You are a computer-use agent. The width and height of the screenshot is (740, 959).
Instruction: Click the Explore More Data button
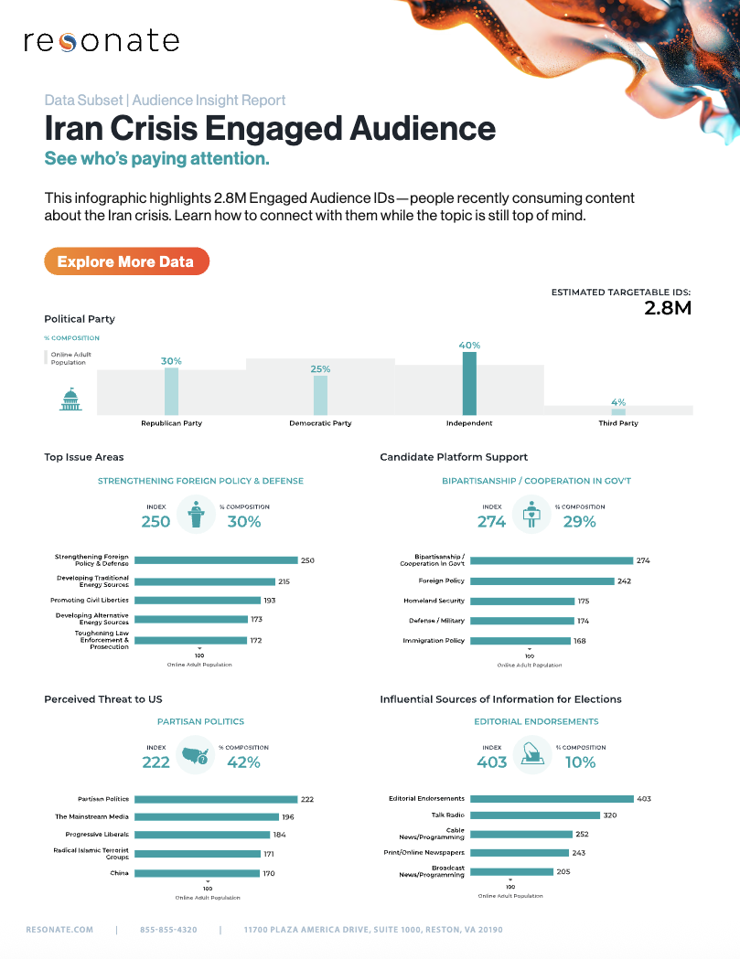pos(126,261)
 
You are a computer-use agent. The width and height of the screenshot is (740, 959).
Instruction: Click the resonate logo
pos(101,41)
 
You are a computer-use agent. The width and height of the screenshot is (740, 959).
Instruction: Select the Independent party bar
pos(469,384)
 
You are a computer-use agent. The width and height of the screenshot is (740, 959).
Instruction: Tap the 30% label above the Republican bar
pos(171,361)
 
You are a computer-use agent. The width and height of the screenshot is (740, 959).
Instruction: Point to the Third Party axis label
pos(618,423)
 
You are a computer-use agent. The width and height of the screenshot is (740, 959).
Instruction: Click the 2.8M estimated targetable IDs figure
pos(667,308)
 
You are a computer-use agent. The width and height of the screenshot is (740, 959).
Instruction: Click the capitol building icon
pos(70,399)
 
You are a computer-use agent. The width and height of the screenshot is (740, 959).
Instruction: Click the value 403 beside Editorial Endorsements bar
pos(644,799)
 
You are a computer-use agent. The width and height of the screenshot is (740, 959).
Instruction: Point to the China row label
pos(120,873)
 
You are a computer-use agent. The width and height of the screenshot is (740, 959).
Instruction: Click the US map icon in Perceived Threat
pos(196,755)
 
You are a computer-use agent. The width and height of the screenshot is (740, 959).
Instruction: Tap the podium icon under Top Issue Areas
pos(195,514)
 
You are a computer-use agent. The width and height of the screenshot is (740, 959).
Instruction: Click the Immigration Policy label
pos(434,641)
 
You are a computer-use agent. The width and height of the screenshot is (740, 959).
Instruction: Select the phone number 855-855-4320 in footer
pos(168,930)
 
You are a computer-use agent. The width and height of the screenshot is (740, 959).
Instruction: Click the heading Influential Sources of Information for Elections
pos(500,699)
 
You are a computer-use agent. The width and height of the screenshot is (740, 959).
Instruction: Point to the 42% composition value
pos(243,762)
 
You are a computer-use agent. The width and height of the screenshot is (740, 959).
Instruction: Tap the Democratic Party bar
pos(320,395)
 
